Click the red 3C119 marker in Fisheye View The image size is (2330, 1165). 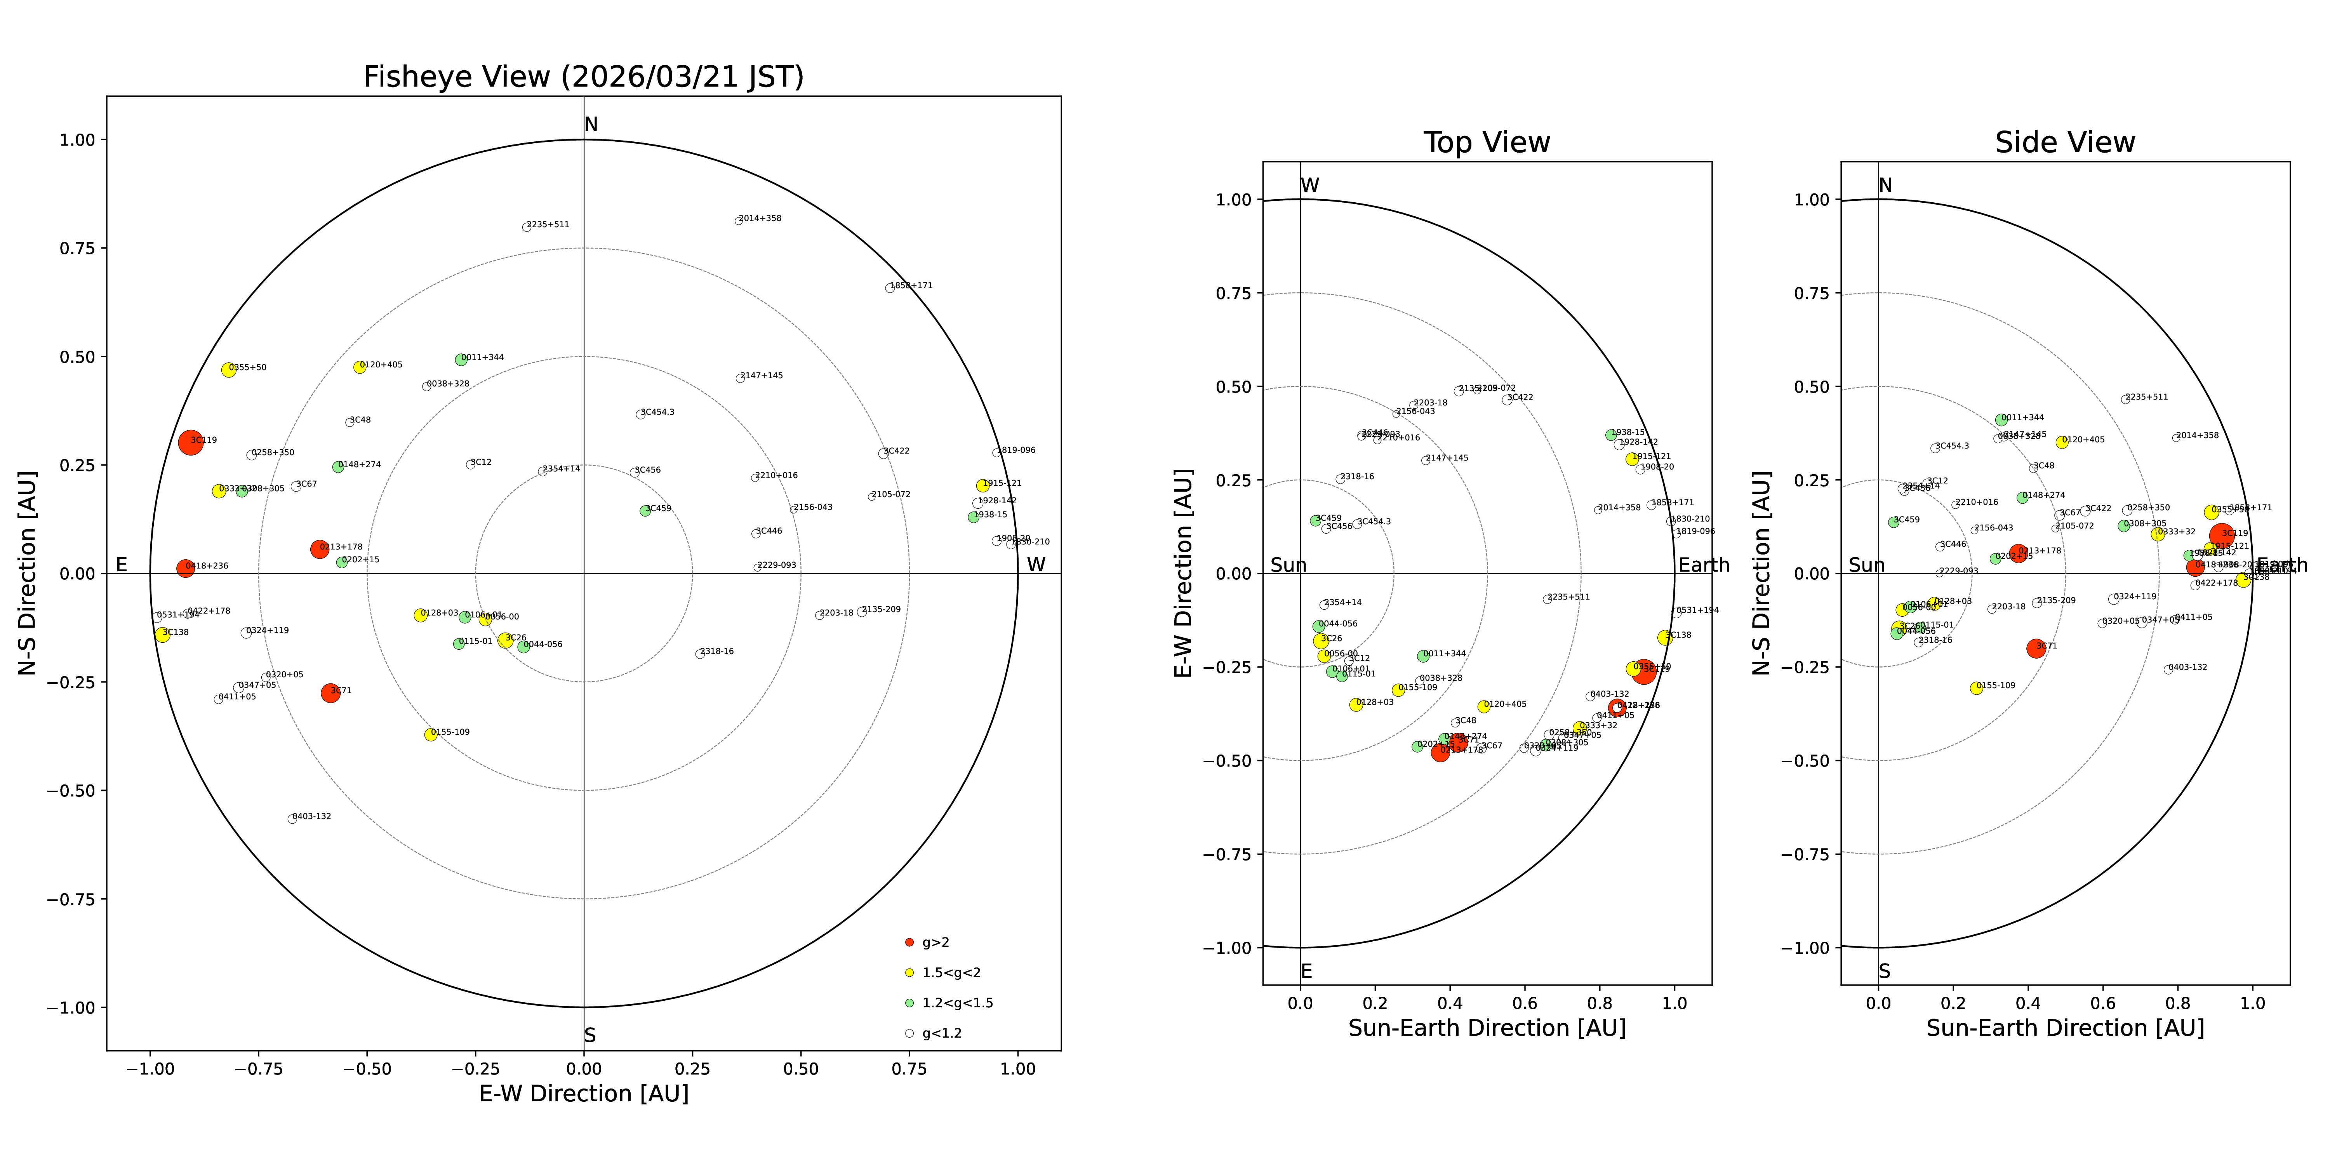tap(190, 442)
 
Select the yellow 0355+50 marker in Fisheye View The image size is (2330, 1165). tap(229, 370)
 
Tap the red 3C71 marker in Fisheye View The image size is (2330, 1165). tap(330, 693)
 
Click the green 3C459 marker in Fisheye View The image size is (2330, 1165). tap(645, 511)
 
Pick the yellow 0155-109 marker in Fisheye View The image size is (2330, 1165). tap(431, 734)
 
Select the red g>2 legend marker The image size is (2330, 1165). tap(909, 942)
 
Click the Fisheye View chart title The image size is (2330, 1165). tap(583, 77)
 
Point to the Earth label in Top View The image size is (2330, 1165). tap(1703, 565)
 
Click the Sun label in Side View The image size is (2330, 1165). tap(1866, 565)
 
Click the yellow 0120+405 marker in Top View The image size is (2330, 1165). tap(1483, 706)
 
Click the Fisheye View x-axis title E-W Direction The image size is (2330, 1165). tap(583, 1094)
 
